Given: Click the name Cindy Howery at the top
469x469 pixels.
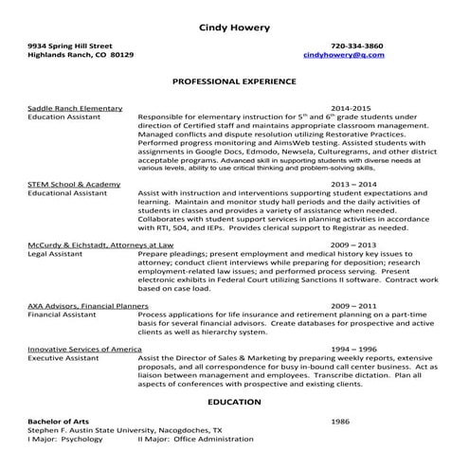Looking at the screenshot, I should (233, 26).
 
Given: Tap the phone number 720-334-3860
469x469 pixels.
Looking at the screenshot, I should (357, 45).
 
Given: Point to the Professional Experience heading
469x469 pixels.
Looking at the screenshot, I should (234, 82).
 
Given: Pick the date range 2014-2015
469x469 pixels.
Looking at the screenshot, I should (352, 109).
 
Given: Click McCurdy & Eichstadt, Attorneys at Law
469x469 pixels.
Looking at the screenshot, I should (100, 244).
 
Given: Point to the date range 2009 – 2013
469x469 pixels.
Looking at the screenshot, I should (353, 244).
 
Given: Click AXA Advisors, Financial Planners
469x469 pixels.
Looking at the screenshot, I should (88, 306).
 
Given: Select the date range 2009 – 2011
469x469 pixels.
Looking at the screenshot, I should (353, 306).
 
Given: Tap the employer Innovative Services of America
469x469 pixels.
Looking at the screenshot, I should (91, 350).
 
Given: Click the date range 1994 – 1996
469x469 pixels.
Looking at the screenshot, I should (353, 350).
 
